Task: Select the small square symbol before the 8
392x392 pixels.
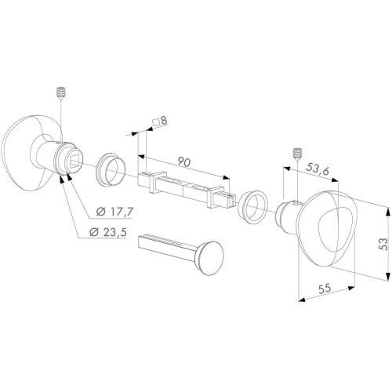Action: (157, 122)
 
